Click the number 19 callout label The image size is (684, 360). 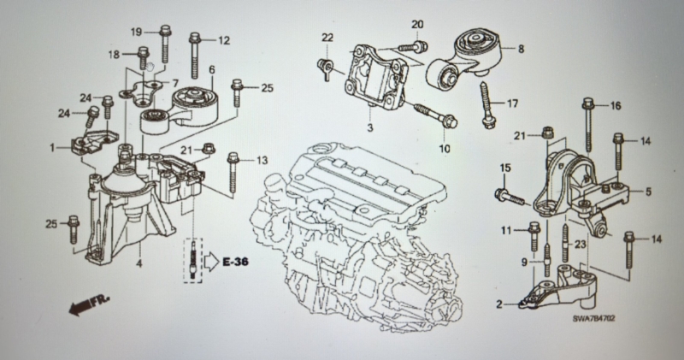(137, 32)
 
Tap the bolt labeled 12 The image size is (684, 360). (194, 56)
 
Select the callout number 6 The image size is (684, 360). (212, 70)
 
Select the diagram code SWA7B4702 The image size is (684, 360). (593, 319)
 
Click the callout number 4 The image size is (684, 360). (139, 263)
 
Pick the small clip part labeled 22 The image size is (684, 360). (326, 68)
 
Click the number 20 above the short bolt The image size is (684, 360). (417, 25)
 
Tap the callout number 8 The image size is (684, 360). (521, 50)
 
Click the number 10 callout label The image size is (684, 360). (444, 149)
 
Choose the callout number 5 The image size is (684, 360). (648, 192)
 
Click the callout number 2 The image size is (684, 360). (499, 304)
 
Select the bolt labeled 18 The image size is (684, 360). (144, 57)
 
